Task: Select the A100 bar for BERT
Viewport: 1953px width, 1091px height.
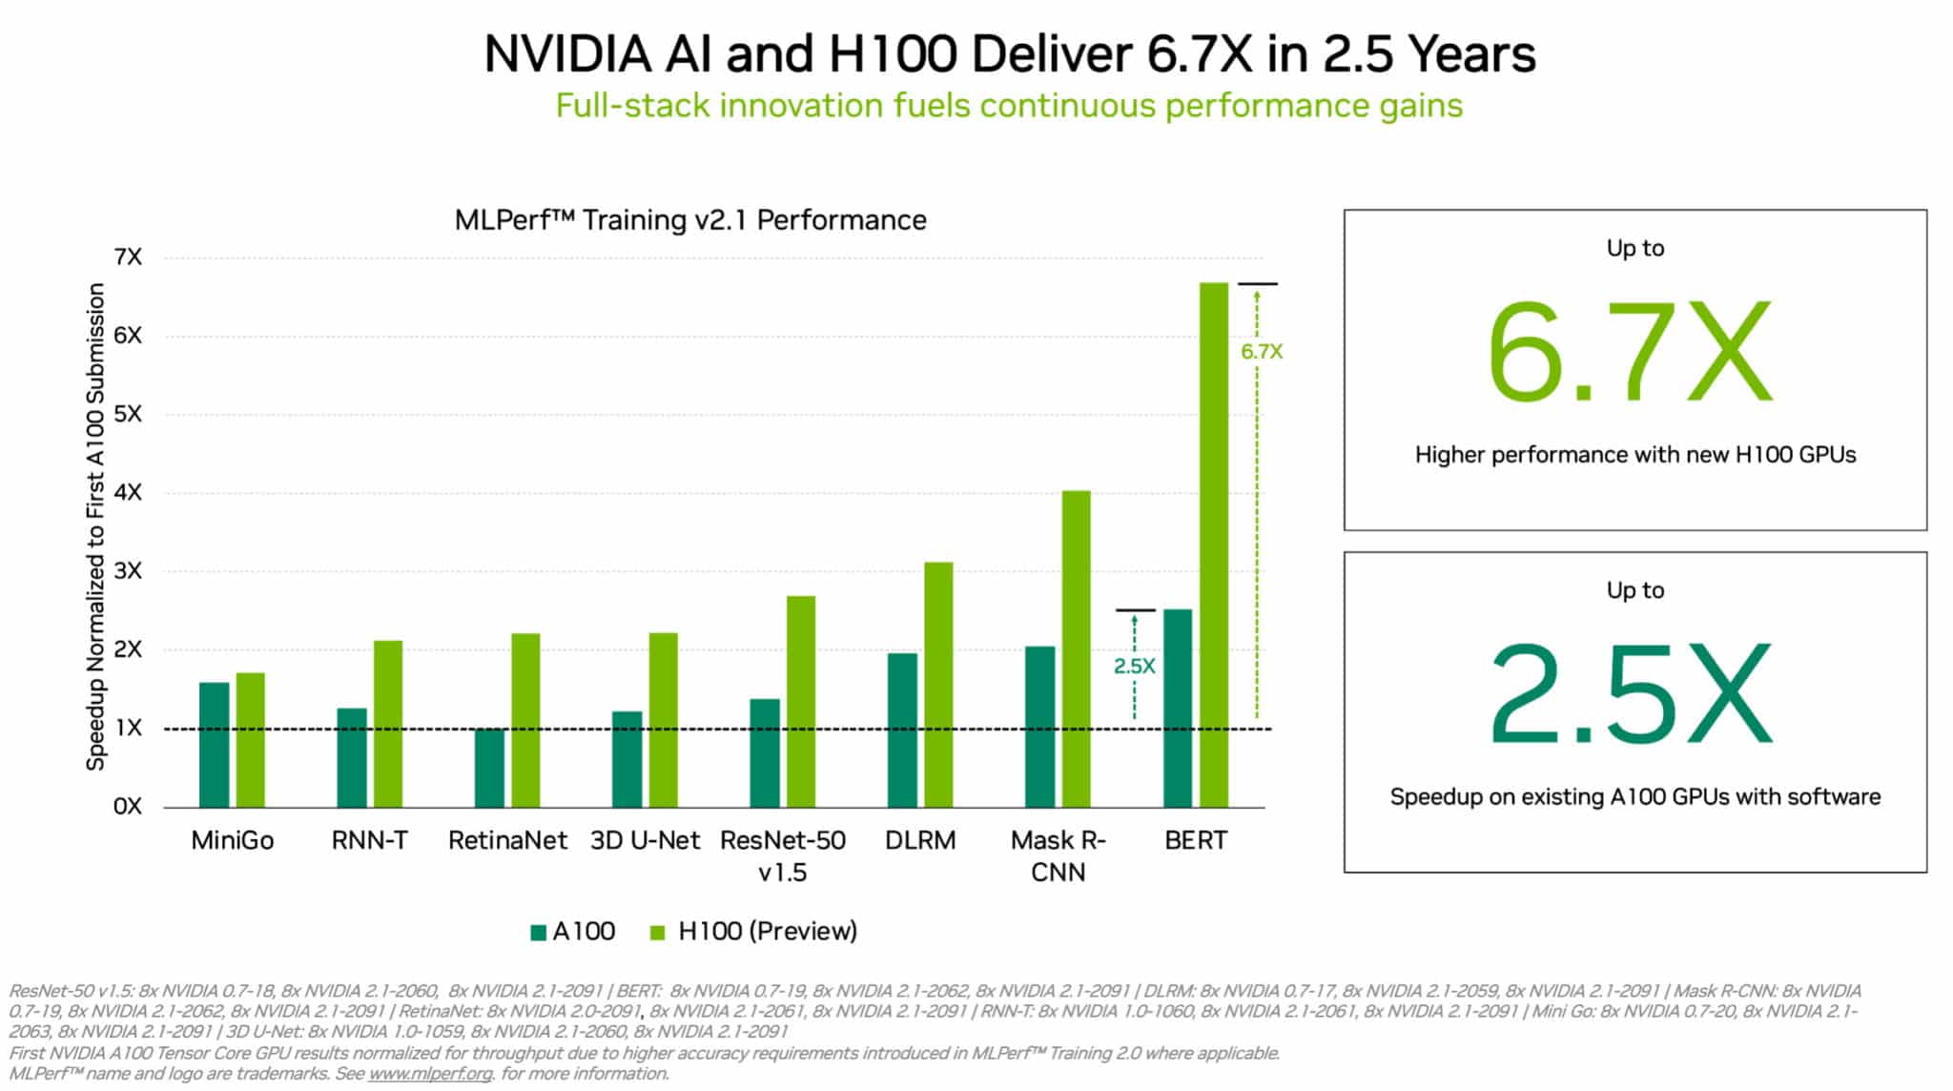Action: [1178, 709]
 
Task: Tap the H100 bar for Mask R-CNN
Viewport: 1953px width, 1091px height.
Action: [1076, 649]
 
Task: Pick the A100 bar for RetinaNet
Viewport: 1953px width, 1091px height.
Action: [489, 769]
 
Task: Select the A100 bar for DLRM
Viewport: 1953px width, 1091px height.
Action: [902, 731]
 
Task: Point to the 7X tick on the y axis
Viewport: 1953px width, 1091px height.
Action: [127, 257]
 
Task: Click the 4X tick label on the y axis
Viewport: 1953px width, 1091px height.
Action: [127, 492]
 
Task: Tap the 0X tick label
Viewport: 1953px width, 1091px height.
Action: [127, 807]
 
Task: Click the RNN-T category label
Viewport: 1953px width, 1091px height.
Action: [369, 840]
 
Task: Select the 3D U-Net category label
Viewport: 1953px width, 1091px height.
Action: [645, 840]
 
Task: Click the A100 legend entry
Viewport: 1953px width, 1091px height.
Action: [573, 931]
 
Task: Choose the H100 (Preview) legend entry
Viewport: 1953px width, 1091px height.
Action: [754, 931]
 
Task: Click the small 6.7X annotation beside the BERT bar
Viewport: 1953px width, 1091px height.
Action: [1262, 351]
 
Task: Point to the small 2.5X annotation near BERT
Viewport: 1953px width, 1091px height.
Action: [1134, 666]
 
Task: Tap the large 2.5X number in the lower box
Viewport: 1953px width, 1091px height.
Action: [1631, 693]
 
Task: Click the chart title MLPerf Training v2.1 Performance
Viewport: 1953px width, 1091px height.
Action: [690, 220]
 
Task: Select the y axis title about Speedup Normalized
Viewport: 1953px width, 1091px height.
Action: [95, 526]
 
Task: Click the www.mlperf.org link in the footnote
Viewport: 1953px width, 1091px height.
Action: [430, 1074]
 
